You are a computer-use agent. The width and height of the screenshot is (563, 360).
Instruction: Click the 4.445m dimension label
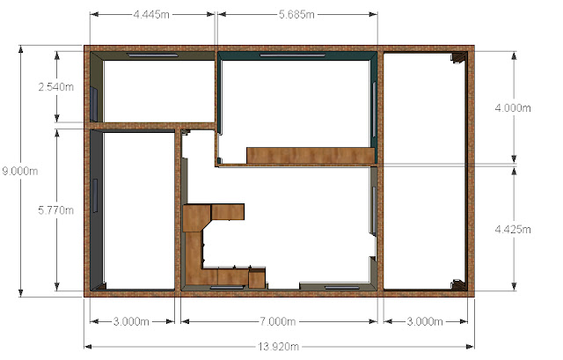point(151,15)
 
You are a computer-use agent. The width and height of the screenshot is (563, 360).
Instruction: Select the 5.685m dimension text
point(296,15)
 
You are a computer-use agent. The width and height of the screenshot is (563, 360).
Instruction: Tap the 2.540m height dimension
point(56,86)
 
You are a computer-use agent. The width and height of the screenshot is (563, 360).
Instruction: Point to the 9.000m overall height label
point(19,171)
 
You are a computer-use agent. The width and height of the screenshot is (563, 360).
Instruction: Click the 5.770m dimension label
point(56,210)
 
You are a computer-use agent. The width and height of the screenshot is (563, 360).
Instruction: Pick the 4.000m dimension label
point(513,107)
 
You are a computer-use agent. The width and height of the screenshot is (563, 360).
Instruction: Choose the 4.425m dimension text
point(513,229)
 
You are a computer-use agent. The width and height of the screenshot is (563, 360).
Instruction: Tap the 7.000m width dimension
point(278,321)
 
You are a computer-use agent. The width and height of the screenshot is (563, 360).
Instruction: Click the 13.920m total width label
point(278,347)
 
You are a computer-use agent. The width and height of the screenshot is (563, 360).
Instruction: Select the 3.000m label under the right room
point(425,321)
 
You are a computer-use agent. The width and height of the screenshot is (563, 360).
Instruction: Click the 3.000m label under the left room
point(131,321)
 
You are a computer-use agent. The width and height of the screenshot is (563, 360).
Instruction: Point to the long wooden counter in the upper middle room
point(311,155)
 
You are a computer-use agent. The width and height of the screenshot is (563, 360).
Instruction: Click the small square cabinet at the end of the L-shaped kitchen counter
point(257,278)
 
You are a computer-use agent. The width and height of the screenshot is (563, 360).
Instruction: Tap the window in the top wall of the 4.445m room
point(152,55)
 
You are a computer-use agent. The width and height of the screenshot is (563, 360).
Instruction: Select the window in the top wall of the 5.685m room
point(293,55)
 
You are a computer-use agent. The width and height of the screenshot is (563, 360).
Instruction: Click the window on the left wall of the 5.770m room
point(95,195)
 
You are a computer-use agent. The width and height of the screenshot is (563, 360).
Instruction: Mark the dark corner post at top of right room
point(458,57)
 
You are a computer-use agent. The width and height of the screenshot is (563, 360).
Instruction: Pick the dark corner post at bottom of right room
point(458,284)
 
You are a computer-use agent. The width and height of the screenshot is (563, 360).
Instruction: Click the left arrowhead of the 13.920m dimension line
point(88,347)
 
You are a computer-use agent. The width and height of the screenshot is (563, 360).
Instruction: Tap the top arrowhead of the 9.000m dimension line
point(21,49)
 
